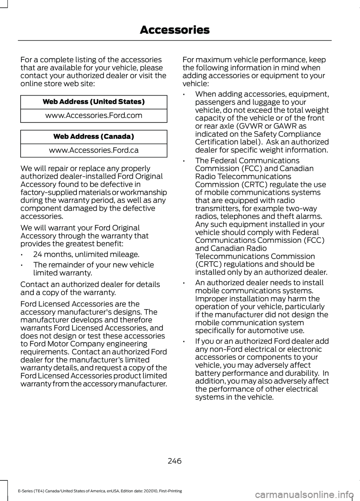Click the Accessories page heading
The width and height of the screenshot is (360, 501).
pyautogui.click(x=174, y=30)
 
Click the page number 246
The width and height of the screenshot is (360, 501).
pyautogui.click(x=174, y=461)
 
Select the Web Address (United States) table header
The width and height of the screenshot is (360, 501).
pyautogui.click(x=94, y=102)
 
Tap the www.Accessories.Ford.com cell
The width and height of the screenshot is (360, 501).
pyautogui.click(x=94, y=115)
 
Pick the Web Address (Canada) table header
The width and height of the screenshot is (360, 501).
pyautogui.click(x=94, y=136)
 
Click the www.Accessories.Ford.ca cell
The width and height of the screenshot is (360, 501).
pyautogui.click(x=94, y=150)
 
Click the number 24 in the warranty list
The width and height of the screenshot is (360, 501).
pyautogui.click(x=37, y=254)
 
